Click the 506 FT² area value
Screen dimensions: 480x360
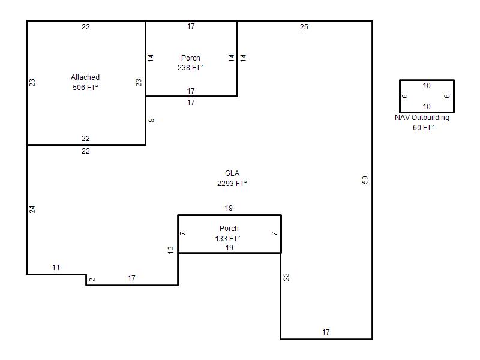click(x=85, y=88)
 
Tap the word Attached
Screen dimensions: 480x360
click(x=85, y=77)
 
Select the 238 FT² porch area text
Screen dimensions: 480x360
click(x=190, y=68)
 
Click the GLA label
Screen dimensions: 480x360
click(x=232, y=173)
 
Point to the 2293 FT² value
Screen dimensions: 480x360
click(x=232, y=184)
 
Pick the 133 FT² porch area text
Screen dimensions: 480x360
click(x=227, y=238)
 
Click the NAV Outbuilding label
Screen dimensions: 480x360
click(x=422, y=118)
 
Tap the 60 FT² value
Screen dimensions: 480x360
click(x=423, y=128)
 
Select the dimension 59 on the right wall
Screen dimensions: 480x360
click(x=365, y=179)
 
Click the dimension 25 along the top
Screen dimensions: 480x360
click(x=304, y=27)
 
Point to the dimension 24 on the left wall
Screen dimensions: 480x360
click(x=32, y=209)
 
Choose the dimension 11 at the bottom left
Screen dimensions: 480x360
click(x=56, y=268)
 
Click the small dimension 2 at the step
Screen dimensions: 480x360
click(x=92, y=280)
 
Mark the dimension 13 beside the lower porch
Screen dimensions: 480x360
click(x=170, y=250)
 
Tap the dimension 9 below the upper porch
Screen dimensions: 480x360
click(x=151, y=121)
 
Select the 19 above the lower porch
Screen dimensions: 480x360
click(x=229, y=208)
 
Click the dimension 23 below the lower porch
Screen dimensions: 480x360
click(x=286, y=277)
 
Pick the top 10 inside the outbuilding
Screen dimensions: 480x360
click(x=427, y=86)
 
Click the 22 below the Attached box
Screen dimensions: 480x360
click(x=86, y=151)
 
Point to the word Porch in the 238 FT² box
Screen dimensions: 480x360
click(x=190, y=58)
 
